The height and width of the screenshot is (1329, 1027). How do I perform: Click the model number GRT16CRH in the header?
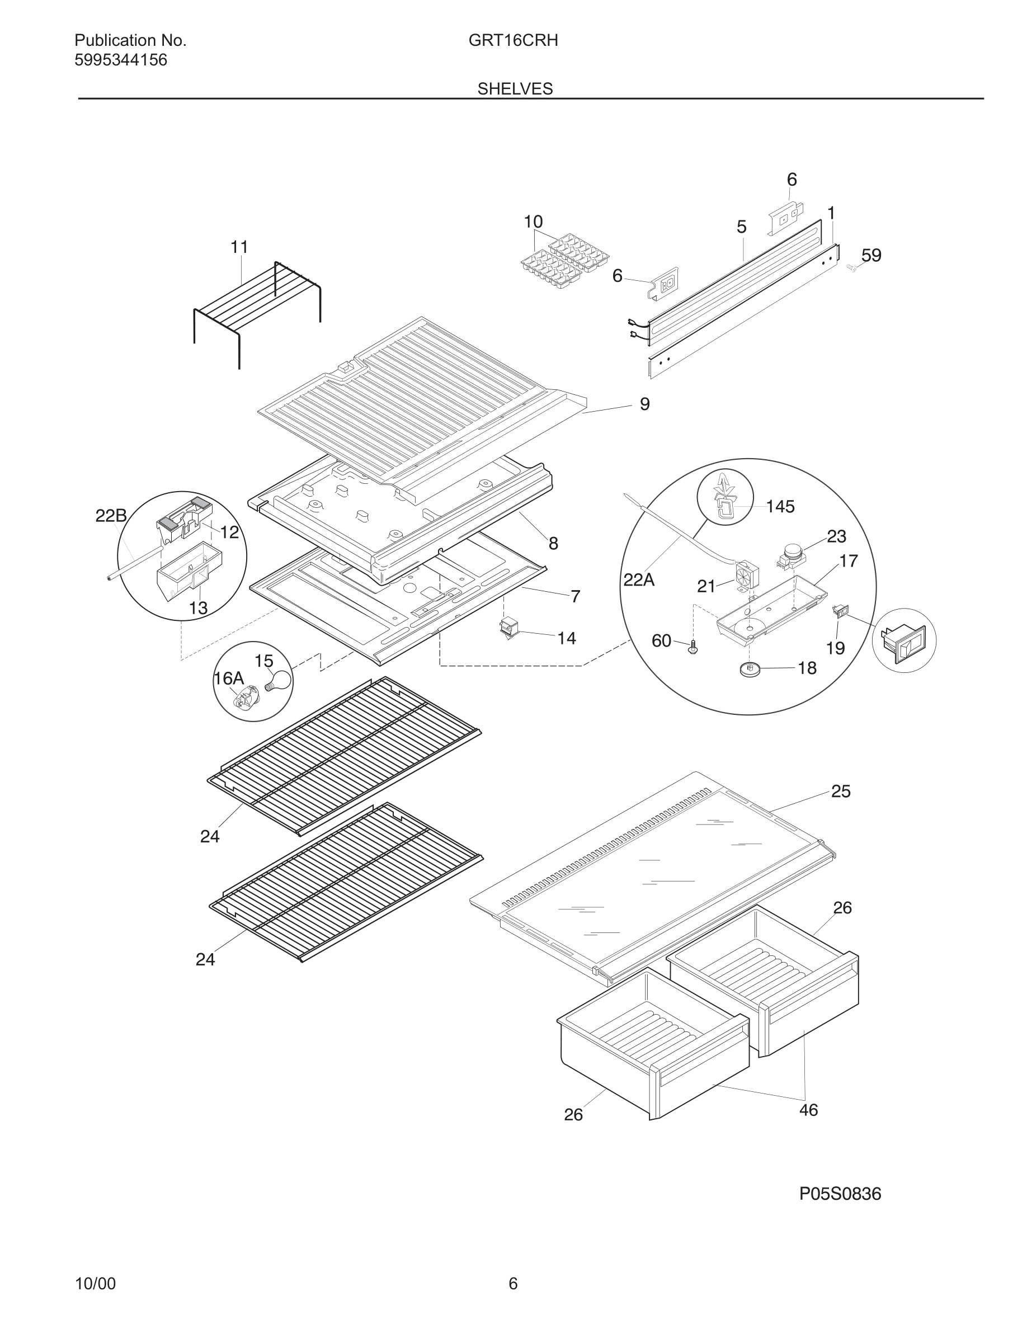pyautogui.click(x=513, y=41)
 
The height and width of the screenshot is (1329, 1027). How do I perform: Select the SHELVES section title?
pyautogui.click(x=515, y=89)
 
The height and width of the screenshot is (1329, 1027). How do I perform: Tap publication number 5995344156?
pyautogui.click(x=120, y=60)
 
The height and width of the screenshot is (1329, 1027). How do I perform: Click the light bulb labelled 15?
pyautogui.click(x=277, y=679)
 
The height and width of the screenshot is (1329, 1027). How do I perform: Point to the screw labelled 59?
pyautogui.click(x=852, y=267)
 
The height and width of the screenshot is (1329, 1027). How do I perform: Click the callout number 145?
pyautogui.click(x=780, y=506)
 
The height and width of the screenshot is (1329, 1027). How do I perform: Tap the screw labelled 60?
pyautogui.click(x=694, y=648)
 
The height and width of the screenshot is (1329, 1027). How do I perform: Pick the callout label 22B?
pyautogui.click(x=111, y=516)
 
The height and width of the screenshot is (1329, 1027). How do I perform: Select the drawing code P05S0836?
pyautogui.click(x=840, y=1194)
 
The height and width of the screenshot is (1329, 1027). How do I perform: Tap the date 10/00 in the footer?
pyautogui.click(x=95, y=1283)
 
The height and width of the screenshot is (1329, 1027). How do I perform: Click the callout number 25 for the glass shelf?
pyautogui.click(x=840, y=791)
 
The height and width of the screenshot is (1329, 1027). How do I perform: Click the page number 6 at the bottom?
pyautogui.click(x=513, y=1283)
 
